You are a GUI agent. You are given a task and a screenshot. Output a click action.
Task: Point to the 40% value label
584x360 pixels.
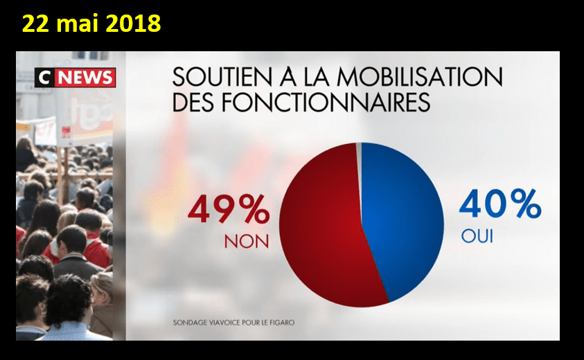pyautogui.click(x=499, y=205)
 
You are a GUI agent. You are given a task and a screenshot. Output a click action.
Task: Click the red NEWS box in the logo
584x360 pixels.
pyautogui.click(x=85, y=78)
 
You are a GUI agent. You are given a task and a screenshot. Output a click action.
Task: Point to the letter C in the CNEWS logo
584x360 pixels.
pyautogui.click(x=44, y=78)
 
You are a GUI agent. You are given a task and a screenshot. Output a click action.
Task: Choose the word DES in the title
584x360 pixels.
pyautogui.click(x=194, y=102)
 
